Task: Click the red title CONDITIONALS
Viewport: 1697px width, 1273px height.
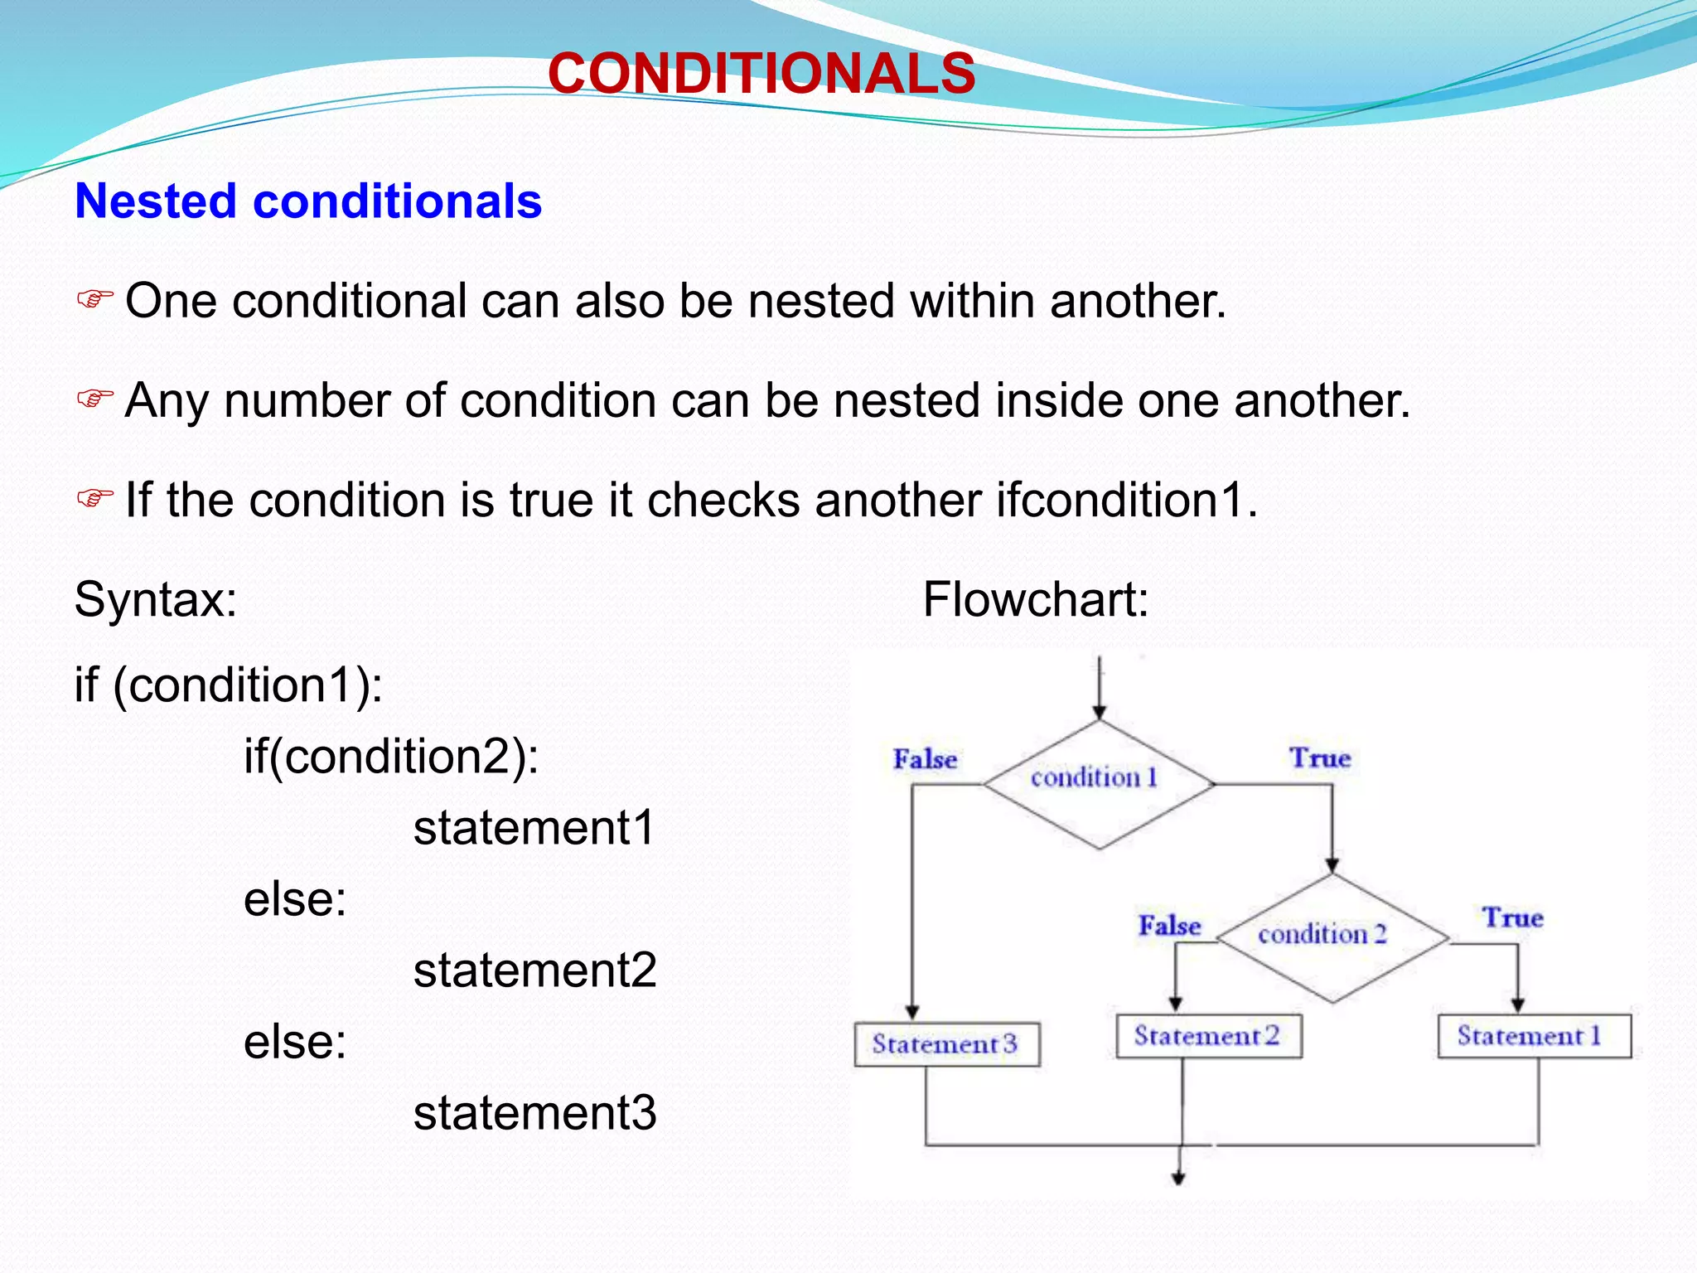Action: pyautogui.click(x=761, y=73)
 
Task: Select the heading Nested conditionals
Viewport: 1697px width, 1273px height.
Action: pyautogui.click(x=308, y=201)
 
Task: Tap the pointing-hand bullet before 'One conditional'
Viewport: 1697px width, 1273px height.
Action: pyautogui.click(x=94, y=299)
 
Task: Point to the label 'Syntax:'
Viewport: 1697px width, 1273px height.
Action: pyautogui.click(x=156, y=599)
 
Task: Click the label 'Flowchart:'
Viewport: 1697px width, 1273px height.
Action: pyautogui.click(x=1035, y=599)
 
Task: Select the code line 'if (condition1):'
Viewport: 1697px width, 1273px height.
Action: pyautogui.click(x=229, y=685)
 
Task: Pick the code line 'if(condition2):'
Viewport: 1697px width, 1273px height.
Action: pyautogui.click(x=391, y=757)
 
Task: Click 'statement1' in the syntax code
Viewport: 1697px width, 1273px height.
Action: pyautogui.click(x=534, y=828)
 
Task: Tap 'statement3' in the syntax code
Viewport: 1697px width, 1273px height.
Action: pyautogui.click(x=534, y=1112)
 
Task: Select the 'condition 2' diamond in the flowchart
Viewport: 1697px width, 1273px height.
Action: pyautogui.click(x=1331, y=937)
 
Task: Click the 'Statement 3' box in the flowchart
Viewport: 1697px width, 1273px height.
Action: pyautogui.click(x=946, y=1044)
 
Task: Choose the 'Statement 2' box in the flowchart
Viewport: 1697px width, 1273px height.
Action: pyautogui.click(x=1208, y=1036)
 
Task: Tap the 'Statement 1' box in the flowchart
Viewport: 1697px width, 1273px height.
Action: pyautogui.click(x=1533, y=1036)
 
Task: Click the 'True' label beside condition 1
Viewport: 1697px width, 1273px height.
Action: pyautogui.click(x=1320, y=758)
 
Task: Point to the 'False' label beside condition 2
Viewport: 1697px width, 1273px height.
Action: pyautogui.click(x=1169, y=926)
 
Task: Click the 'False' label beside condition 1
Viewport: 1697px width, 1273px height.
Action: pyautogui.click(x=925, y=760)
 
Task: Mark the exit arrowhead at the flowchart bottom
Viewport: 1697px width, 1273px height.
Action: pyautogui.click(x=1177, y=1177)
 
